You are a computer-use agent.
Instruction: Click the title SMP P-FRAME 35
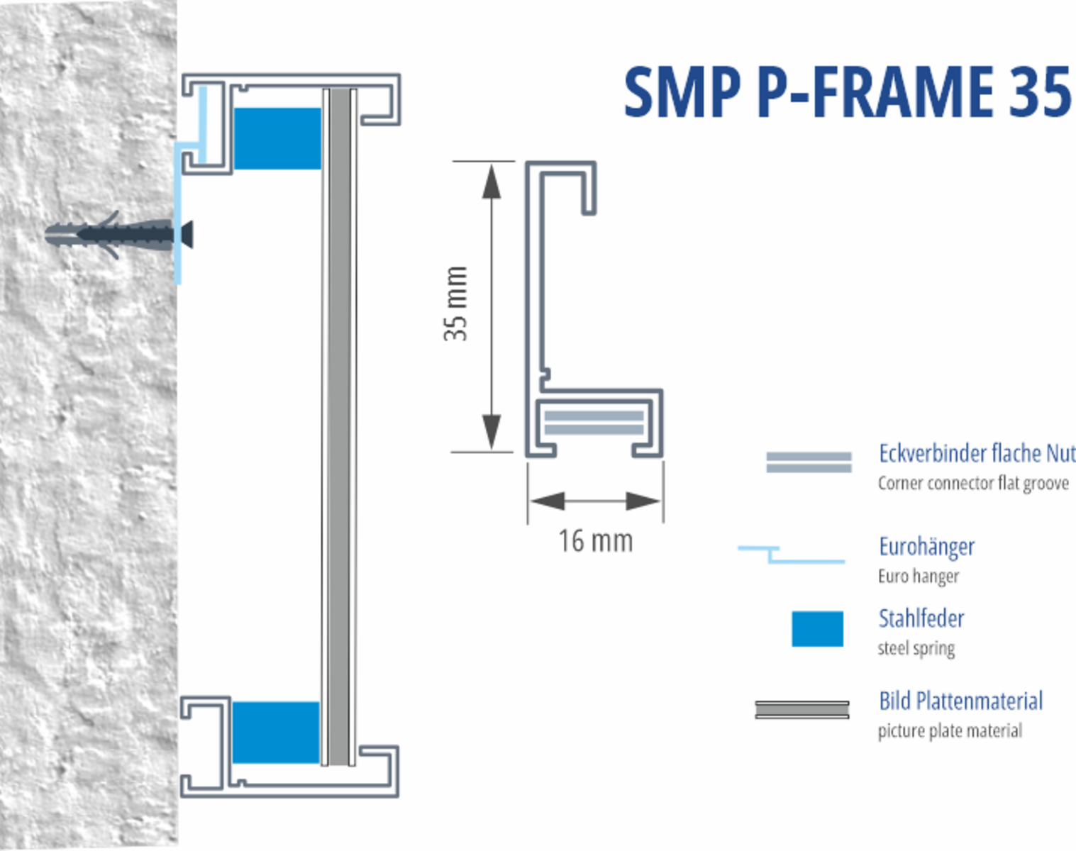848,92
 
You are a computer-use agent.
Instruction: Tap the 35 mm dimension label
456,304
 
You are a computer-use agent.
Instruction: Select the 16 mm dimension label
595,541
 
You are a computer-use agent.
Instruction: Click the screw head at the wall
187,235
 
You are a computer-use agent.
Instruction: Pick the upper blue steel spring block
277,138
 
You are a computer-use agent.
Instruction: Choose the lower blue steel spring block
276,733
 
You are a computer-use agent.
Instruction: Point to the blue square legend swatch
817,628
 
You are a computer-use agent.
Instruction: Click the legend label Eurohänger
926,547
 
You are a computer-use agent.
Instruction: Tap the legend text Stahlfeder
921,618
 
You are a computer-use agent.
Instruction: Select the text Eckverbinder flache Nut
977,453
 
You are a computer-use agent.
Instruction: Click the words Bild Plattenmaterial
960,701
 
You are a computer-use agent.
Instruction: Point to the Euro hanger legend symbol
791,555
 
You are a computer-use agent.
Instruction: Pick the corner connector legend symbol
809,462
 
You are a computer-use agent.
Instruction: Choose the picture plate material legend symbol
802,710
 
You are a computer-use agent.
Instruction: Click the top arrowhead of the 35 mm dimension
492,181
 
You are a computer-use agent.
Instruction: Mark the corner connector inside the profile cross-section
594,423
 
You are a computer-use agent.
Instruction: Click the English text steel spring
916,648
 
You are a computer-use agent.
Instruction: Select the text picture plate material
950,730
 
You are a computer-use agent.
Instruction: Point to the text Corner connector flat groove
973,483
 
